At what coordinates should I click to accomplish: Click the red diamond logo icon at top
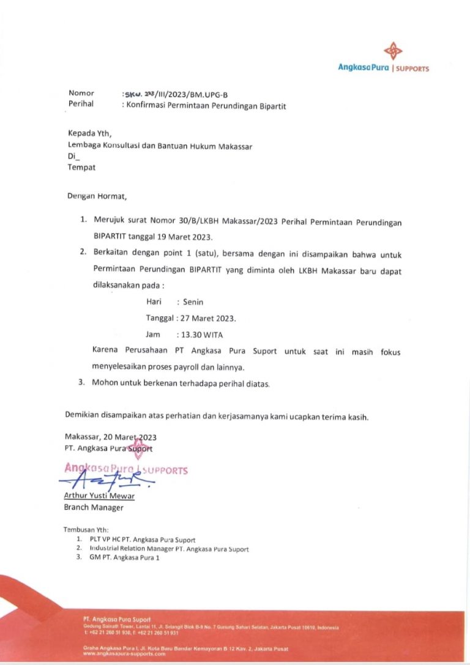click(393, 51)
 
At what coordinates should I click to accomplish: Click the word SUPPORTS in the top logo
click(412, 69)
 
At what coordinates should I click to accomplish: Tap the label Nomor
click(81, 93)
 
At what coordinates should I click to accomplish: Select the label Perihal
click(81, 104)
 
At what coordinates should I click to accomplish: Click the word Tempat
click(81, 167)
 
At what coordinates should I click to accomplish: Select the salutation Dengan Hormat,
click(97, 196)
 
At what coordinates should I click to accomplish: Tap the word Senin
click(193, 302)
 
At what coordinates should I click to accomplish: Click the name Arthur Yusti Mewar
click(99, 496)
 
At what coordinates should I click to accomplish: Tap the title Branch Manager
click(94, 507)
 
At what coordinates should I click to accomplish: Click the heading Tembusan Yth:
click(85, 529)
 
